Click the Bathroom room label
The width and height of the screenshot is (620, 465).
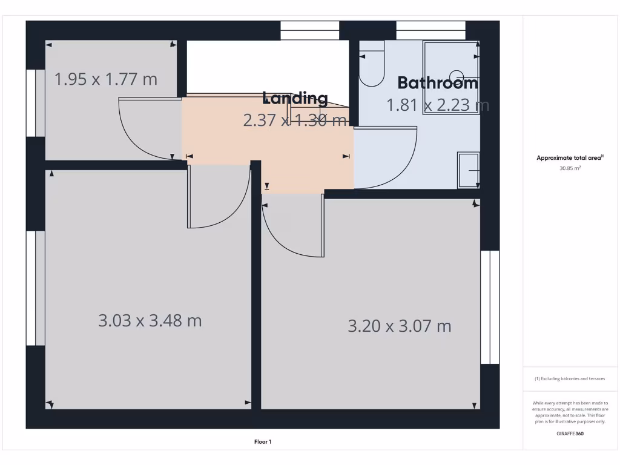click(438, 83)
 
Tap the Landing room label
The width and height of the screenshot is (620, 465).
click(295, 98)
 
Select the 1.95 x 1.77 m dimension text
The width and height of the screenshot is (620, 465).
click(106, 79)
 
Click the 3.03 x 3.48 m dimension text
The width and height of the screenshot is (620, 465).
click(150, 320)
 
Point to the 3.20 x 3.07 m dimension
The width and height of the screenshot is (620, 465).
click(400, 326)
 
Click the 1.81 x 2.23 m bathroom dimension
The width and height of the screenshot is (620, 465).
click(438, 105)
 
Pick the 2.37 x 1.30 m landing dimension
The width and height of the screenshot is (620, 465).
click(295, 120)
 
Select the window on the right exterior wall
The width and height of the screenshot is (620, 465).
click(489, 307)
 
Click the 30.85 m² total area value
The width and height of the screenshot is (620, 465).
click(570, 169)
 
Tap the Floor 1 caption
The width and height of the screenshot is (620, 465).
click(262, 442)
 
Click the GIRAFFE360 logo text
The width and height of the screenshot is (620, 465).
click(570, 434)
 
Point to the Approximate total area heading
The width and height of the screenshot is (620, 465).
click(570, 158)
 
